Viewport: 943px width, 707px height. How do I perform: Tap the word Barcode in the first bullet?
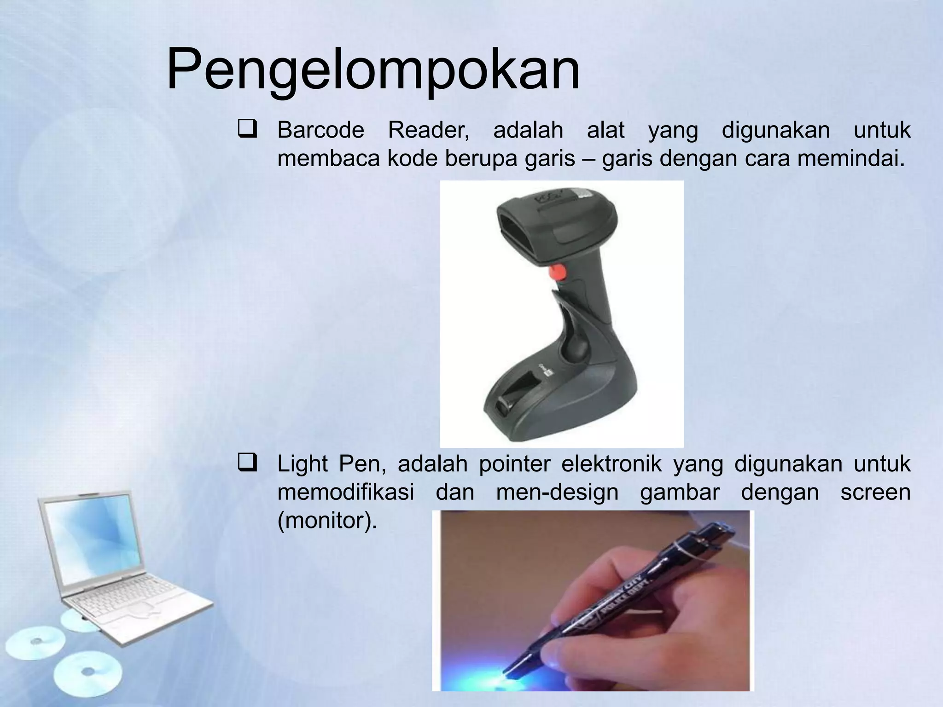[320, 130]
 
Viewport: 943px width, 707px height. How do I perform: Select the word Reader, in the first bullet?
[428, 130]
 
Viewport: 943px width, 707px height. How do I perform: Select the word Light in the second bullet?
[302, 464]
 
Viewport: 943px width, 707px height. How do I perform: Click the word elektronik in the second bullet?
[611, 464]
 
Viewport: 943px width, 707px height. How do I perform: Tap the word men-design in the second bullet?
[557, 493]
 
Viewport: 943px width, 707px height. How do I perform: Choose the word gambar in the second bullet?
[680, 493]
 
